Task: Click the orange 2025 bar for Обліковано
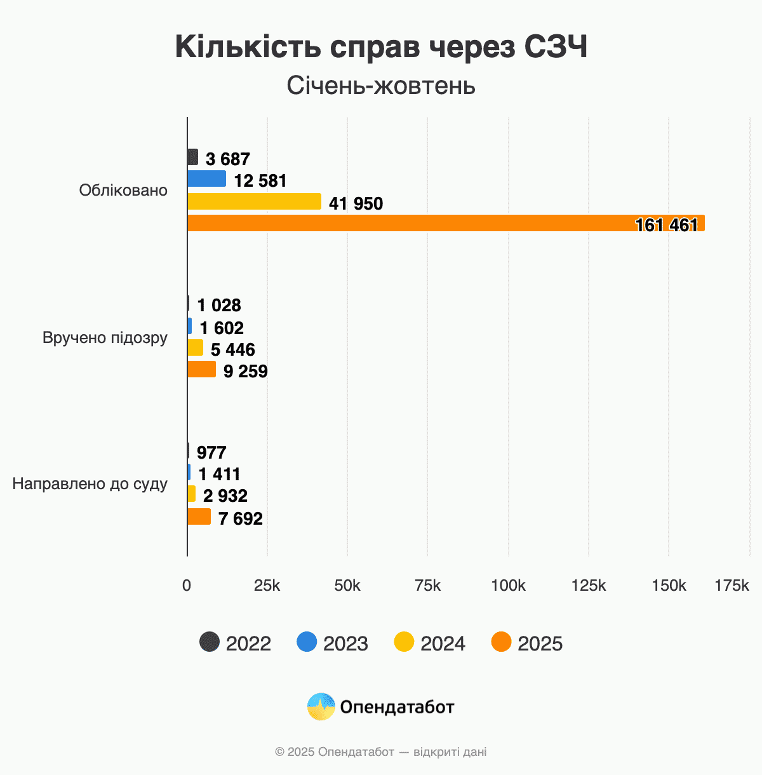(x=444, y=223)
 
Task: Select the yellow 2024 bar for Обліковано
(x=254, y=201)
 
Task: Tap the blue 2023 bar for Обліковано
(x=206, y=179)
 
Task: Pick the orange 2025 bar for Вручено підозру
(x=201, y=370)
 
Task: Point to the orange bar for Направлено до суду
(x=199, y=516)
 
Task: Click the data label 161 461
(x=666, y=225)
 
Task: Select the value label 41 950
(x=356, y=204)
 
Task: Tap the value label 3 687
(x=227, y=159)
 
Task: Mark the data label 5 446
(x=232, y=350)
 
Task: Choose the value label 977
(x=211, y=453)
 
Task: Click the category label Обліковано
(x=123, y=191)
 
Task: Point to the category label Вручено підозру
(x=105, y=337)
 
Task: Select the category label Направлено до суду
(x=90, y=484)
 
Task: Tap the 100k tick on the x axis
(x=508, y=586)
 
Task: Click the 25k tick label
(x=267, y=586)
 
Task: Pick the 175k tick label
(x=732, y=586)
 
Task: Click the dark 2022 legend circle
(x=210, y=642)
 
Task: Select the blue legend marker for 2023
(x=307, y=642)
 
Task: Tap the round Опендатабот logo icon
(x=321, y=706)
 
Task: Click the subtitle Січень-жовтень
(x=381, y=86)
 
